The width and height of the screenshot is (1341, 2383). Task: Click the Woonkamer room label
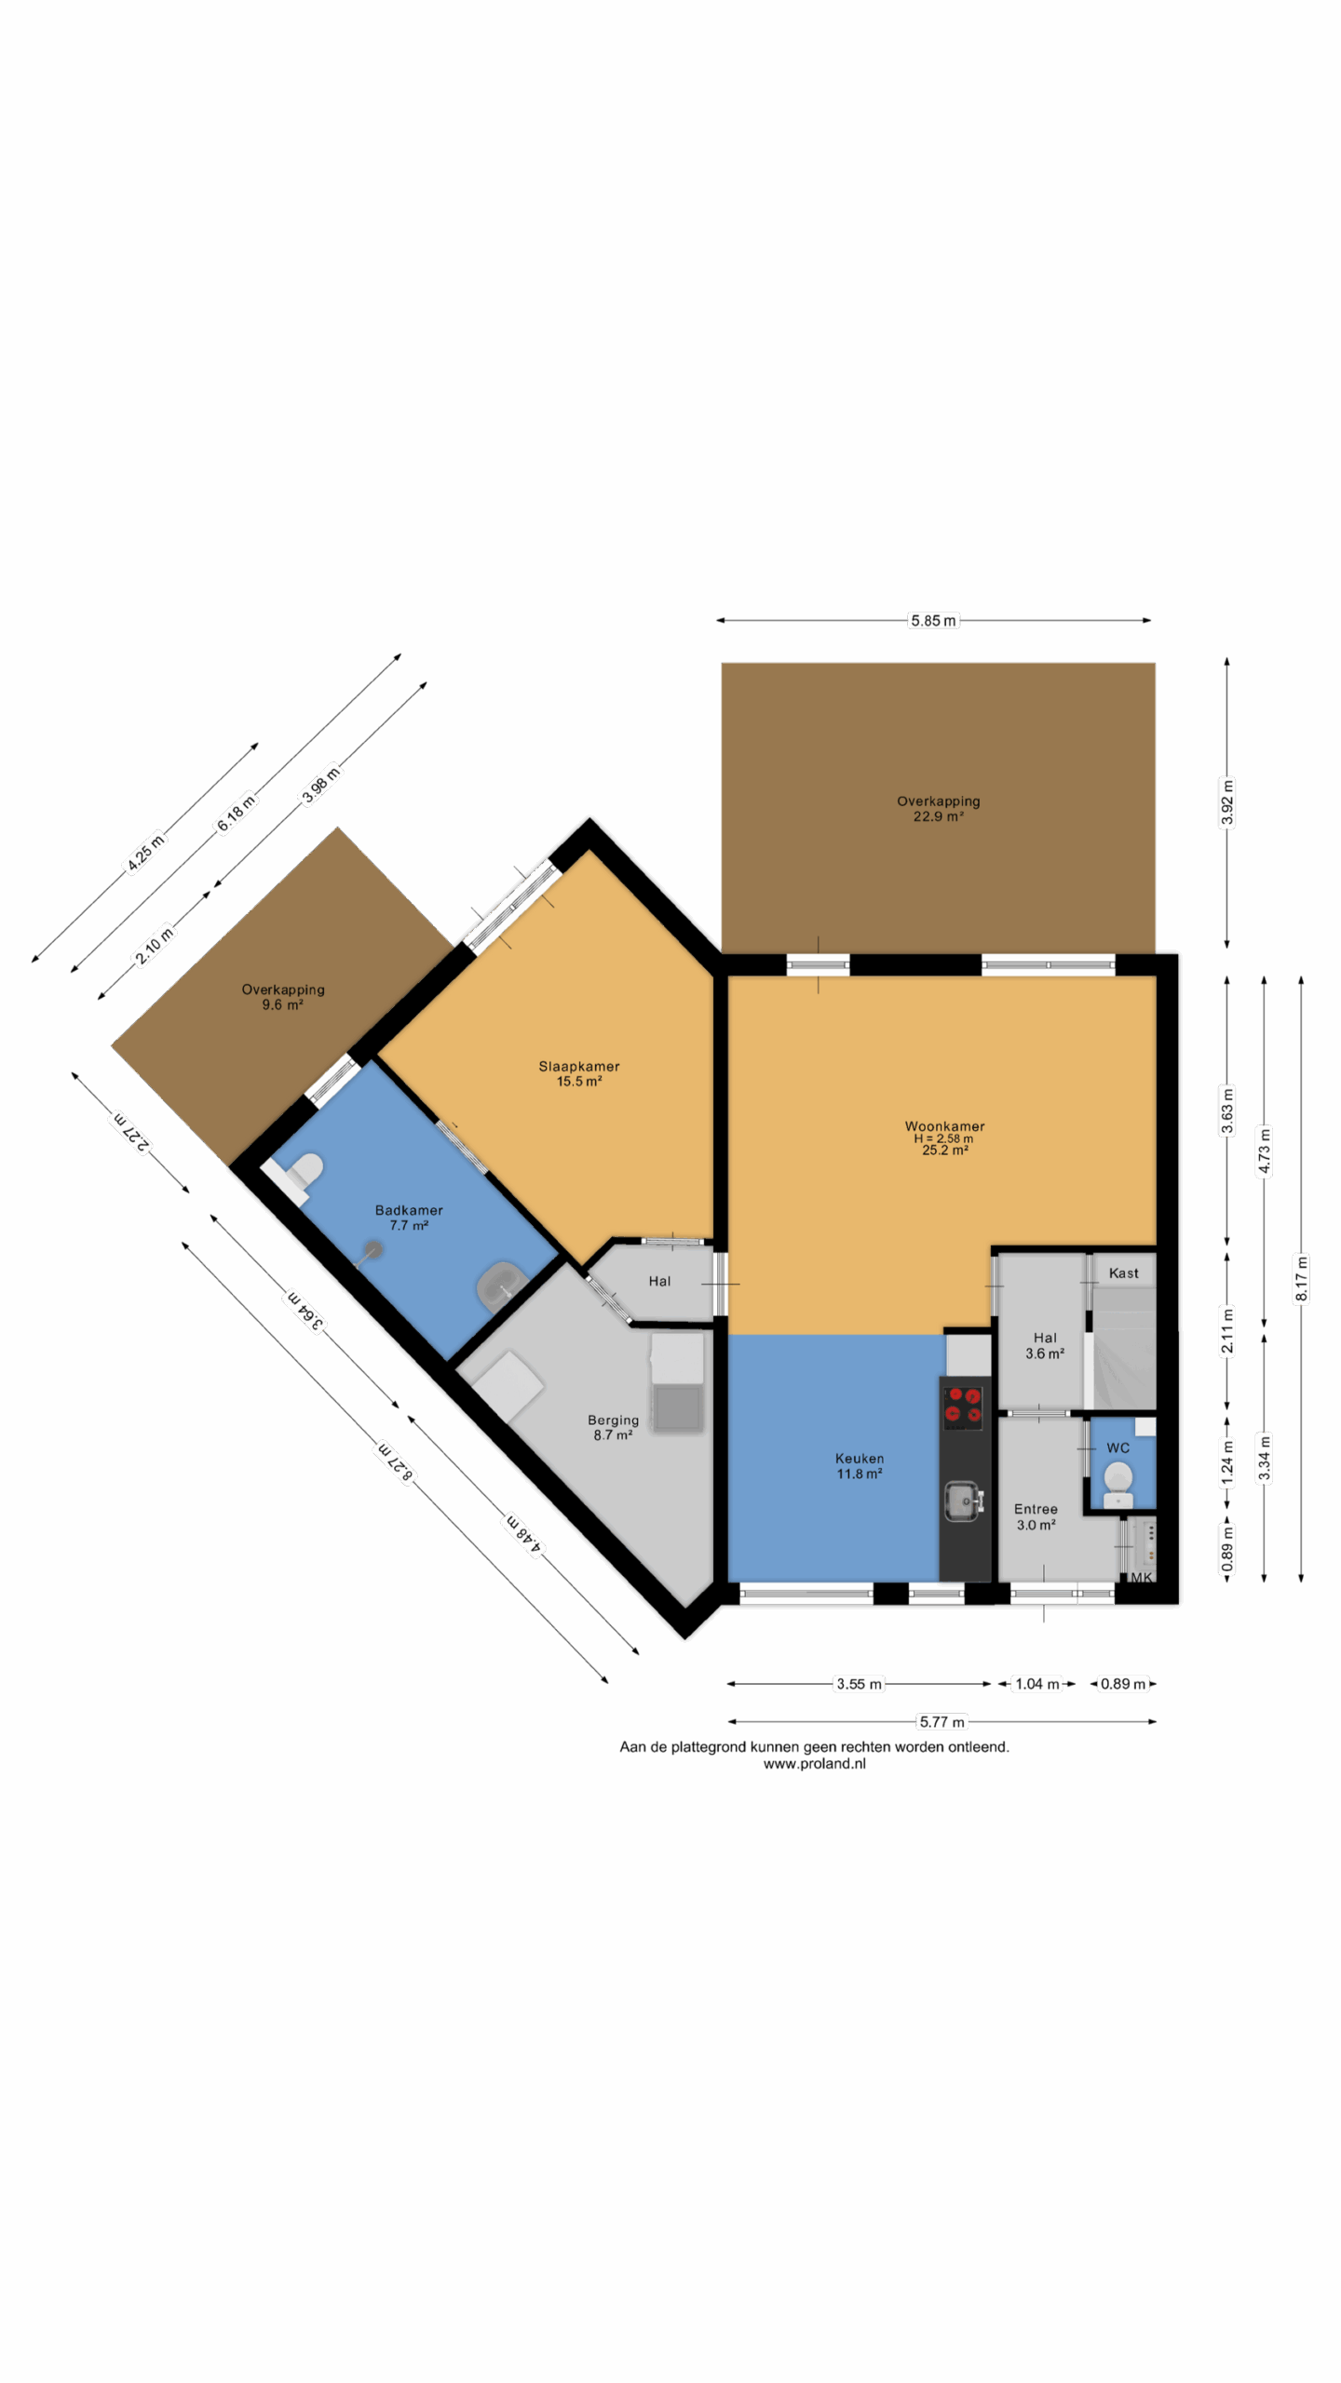(x=944, y=1138)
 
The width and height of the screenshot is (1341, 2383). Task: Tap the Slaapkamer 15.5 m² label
(x=578, y=1073)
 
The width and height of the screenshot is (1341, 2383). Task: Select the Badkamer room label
(x=409, y=1218)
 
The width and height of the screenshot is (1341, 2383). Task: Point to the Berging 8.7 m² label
(x=613, y=1427)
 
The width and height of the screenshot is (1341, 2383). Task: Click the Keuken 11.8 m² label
(x=859, y=1466)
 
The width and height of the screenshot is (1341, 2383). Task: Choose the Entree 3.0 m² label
(x=1036, y=1516)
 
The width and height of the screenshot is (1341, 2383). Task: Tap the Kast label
(x=1123, y=1272)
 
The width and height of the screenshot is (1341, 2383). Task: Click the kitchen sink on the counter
(x=963, y=1500)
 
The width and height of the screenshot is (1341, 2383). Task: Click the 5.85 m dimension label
(x=933, y=620)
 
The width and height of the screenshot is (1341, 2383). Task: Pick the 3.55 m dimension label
(x=859, y=1684)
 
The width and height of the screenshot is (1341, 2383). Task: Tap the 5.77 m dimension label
(x=941, y=1722)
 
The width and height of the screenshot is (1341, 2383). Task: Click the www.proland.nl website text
(x=814, y=1763)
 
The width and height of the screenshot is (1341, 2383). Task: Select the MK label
(x=1141, y=1577)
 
